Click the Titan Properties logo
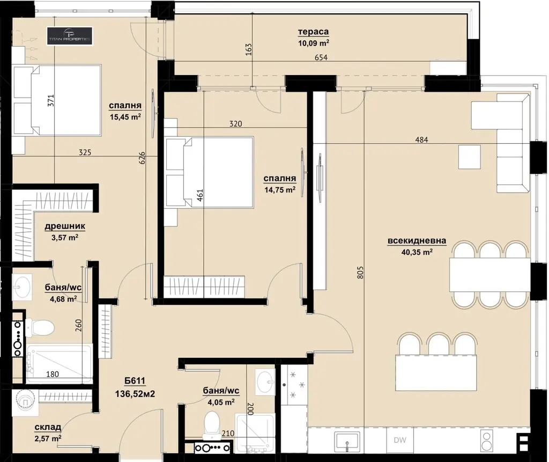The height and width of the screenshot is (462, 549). pyautogui.click(x=70, y=36)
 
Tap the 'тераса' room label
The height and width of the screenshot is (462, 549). pyautogui.click(x=313, y=32)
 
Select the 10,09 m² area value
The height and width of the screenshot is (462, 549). pyautogui.click(x=313, y=43)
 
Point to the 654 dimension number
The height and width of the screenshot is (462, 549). pyautogui.click(x=321, y=57)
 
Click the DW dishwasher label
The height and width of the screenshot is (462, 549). pyautogui.click(x=399, y=440)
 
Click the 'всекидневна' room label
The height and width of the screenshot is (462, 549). pyautogui.click(x=417, y=241)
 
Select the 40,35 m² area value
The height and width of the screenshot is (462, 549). pyautogui.click(x=417, y=252)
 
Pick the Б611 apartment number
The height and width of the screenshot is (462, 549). pyautogui.click(x=135, y=381)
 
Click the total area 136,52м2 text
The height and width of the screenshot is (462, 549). pyautogui.click(x=135, y=394)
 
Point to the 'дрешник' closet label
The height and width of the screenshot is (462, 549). pyautogui.click(x=65, y=226)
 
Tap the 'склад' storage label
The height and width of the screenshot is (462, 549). pyautogui.click(x=48, y=427)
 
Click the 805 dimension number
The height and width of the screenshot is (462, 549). pyautogui.click(x=361, y=273)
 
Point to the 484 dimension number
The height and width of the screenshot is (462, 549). pyautogui.click(x=421, y=140)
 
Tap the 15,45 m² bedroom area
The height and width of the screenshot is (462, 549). pyautogui.click(x=125, y=117)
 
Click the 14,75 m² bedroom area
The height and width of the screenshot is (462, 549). pyautogui.click(x=279, y=190)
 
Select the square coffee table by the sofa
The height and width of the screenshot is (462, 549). pyautogui.click(x=469, y=157)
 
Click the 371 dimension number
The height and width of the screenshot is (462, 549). pyautogui.click(x=51, y=101)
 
